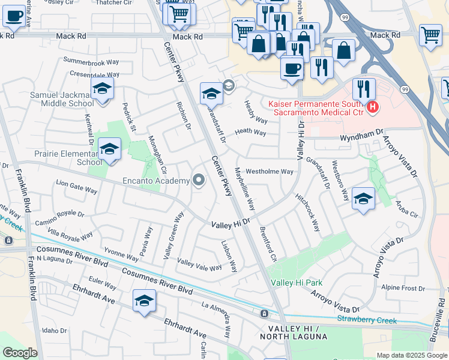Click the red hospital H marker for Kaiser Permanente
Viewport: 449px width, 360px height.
tap(373, 108)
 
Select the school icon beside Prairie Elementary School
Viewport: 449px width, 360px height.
tap(109, 151)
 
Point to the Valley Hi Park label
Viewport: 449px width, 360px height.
tap(297, 283)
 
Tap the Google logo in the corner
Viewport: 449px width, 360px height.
tap(20, 353)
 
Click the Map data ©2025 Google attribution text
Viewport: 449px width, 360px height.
tap(412, 355)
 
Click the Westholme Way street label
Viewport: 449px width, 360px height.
tap(270, 172)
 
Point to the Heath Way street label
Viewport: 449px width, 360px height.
tap(250, 132)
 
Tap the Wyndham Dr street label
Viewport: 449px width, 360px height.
tap(361, 137)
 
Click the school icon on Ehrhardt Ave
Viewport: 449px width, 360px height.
tap(144, 302)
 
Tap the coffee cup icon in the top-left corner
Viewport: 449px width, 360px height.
tap(14, 17)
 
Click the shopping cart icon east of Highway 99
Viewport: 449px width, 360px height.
tap(430, 37)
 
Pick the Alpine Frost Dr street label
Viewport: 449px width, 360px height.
tap(403, 288)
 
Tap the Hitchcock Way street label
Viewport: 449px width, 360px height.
tap(307, 213)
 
